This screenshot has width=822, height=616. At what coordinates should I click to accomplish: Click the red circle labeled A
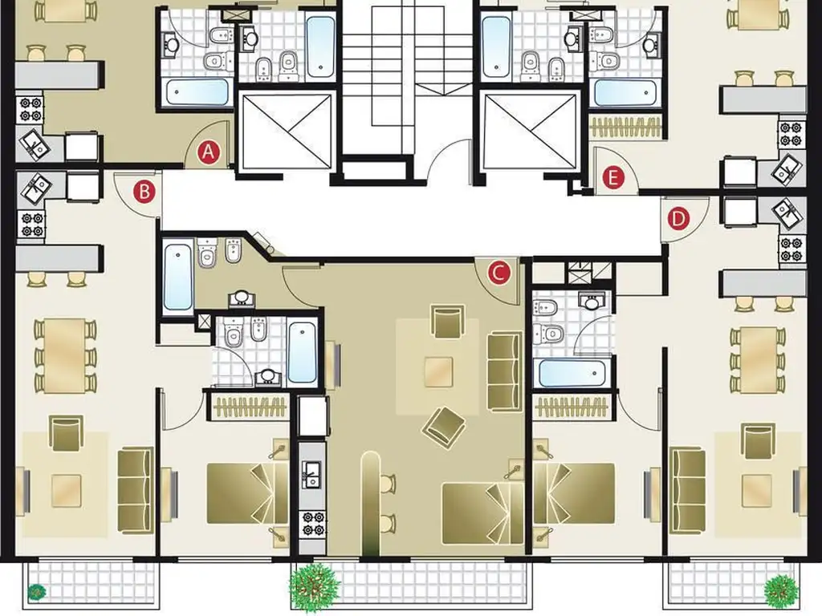point(208,152)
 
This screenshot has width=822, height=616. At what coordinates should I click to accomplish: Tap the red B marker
point(144,192)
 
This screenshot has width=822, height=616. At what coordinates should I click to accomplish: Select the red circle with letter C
point(498,273)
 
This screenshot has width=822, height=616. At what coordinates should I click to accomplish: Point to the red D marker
point(678,218)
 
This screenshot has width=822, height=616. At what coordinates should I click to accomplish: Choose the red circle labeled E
point(613,177)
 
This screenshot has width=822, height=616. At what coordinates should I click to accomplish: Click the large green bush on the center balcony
point(314,586)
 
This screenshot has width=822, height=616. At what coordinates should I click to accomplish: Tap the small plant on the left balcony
point(36,592)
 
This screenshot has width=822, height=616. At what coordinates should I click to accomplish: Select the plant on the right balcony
point(781,589)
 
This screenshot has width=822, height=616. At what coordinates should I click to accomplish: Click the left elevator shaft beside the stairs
point(287,131)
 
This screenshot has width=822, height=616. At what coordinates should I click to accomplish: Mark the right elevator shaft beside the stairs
point(531,131)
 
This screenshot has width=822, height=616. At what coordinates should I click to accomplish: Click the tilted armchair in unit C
point(443,428)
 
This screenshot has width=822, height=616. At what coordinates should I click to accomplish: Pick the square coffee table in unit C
point(439,372)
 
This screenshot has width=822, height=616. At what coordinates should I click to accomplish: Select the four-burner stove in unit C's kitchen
point(312,525)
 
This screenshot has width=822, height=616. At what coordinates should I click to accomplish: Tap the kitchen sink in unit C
point(312,476)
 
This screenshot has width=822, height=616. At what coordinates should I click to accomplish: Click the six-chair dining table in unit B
point(66,356)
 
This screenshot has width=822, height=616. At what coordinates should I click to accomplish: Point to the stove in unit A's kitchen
point(30,108)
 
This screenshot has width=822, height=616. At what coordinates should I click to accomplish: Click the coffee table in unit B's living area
point(67,491)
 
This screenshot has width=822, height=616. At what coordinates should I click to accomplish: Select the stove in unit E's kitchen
point(791,134)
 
